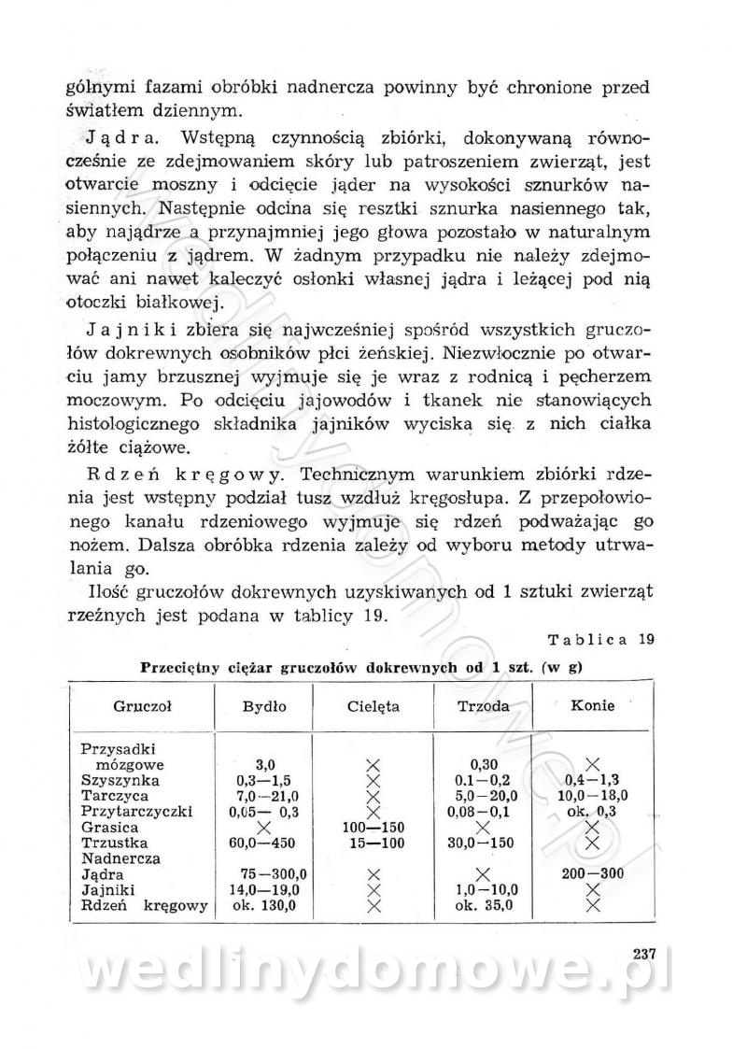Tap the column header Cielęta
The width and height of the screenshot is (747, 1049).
[x=373, y=707]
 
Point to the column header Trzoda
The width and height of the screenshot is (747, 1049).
[x=483, y=707]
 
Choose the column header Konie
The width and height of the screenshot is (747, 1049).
[x=590, y=706]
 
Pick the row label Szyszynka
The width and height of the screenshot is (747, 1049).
[x=120, y=780]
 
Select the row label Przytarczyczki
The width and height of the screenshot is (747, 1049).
[x=136, y=812]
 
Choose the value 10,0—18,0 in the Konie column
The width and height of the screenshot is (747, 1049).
[x=591, y=796]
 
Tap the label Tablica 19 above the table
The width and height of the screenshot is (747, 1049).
[x=599, y=641]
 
